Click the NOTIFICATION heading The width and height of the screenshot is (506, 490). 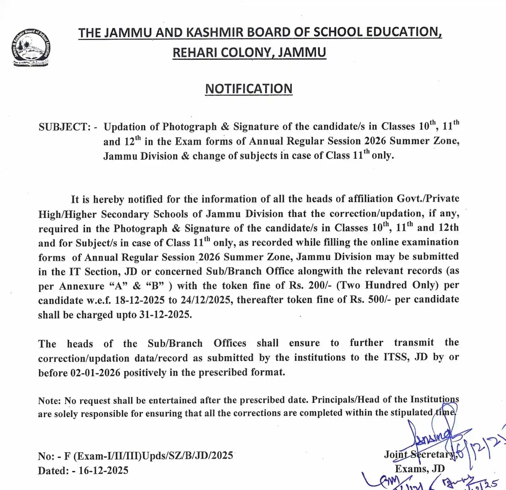point(249,89)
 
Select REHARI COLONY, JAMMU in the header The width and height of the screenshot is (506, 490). point(249,52)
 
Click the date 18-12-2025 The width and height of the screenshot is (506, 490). point(139,300)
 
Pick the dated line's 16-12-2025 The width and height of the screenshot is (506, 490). point(103,470)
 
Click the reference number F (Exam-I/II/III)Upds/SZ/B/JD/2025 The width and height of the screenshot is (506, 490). point(148,456)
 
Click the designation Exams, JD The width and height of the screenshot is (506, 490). point(419,469)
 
